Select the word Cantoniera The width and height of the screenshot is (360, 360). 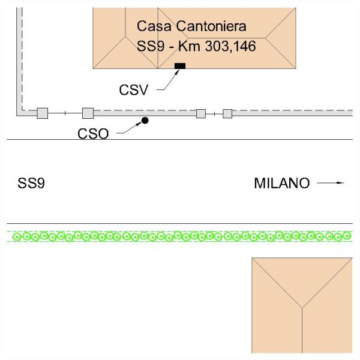click(x=211, y=26)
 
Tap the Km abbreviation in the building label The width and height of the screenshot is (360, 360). click(x=191, y=46)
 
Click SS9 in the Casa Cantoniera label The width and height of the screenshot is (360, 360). click(x=150, y=46)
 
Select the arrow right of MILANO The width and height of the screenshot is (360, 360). click(x=331, y=182)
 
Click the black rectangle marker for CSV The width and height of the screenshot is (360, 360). click(x=179, y=65)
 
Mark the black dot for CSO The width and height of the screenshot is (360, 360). click(x=145, y=121)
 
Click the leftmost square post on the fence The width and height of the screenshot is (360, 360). click(x=42, y=113)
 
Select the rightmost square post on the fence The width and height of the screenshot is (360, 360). click(x=227, y=113)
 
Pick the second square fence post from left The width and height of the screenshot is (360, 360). click(x=88, y=113)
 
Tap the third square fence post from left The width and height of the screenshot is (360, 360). click(x=201, y=113)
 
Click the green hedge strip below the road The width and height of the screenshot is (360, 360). click(x=180, y=236)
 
